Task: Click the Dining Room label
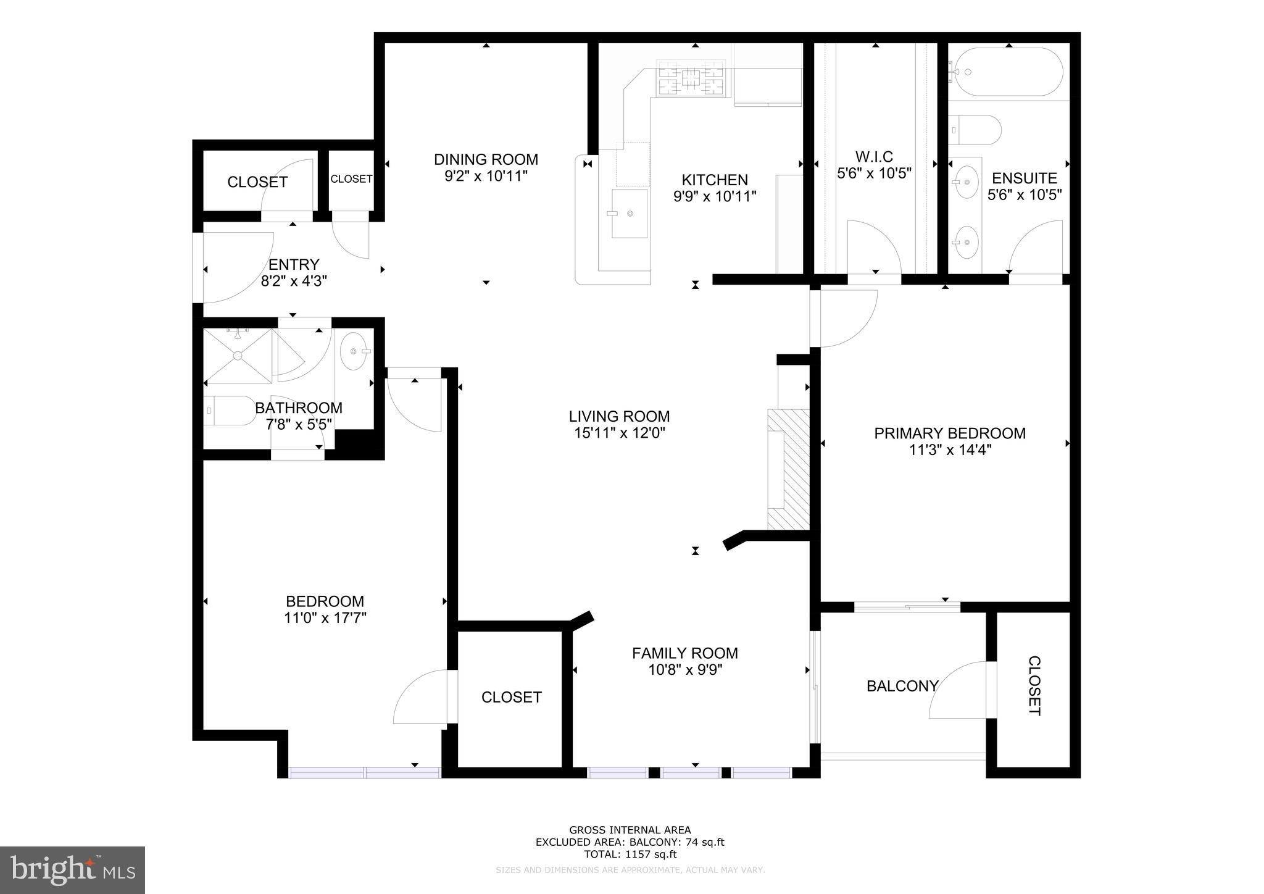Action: tap(486, 159)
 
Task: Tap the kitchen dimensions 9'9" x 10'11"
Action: tap(715, 196)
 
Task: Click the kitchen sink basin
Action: tap(630, 213)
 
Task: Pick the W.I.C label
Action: tap(874, 156)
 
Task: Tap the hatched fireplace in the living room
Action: tap(789, 469)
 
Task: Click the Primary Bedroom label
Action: tap(949, 433)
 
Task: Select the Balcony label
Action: tap(902, 686)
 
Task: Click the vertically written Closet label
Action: tap(1034, 686)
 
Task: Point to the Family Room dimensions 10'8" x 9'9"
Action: tap(684, 670)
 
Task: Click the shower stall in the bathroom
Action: tap(238, 356)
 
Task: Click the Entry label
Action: tap(294, 265)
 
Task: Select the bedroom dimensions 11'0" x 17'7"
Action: tap(325, 618)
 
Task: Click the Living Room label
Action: tap(619, 416)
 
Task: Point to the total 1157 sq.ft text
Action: tap(630, 854)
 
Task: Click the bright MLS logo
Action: tap(72, 870)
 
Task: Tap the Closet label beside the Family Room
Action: tap(511, 697)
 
